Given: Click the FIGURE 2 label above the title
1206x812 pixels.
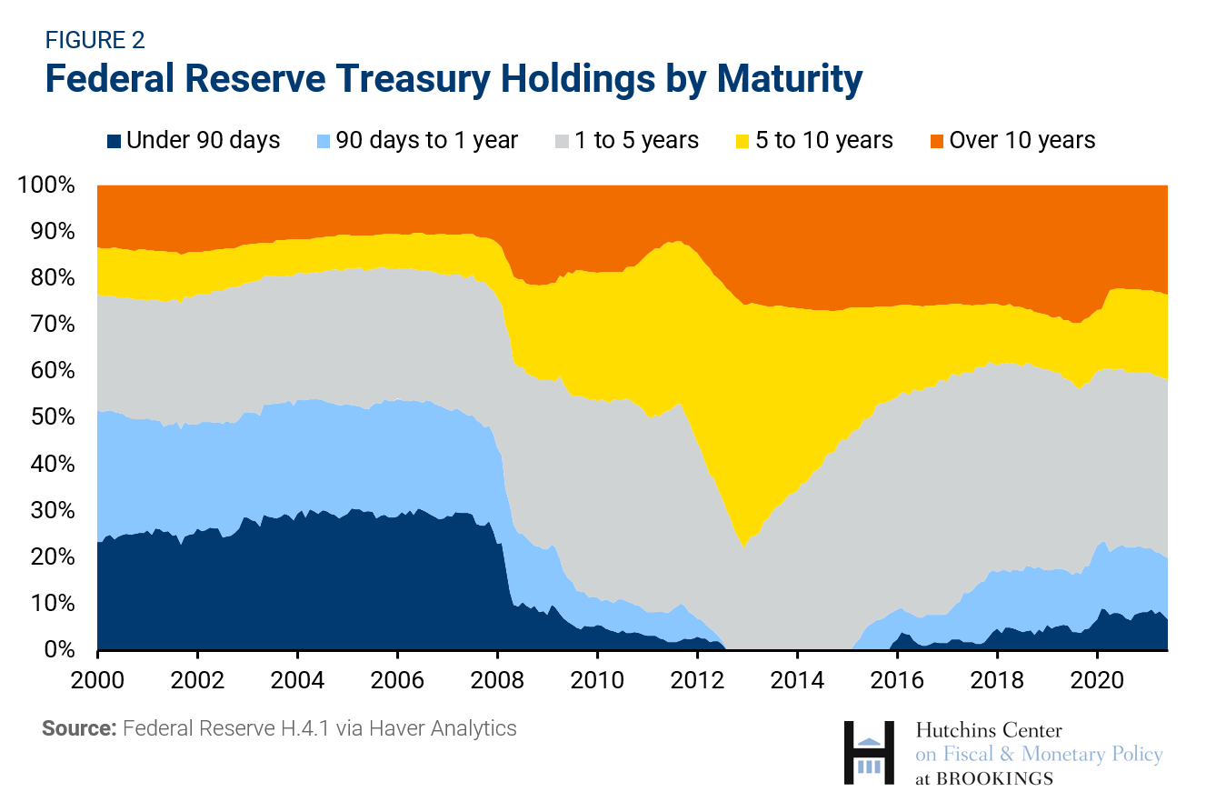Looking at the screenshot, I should point(95,40).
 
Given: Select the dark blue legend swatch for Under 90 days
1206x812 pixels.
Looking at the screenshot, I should point(114,141).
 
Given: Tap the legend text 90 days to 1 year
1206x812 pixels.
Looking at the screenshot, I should point(426,140).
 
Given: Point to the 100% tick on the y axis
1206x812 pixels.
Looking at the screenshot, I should point(45,185).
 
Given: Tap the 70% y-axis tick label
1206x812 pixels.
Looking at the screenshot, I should point(51,325).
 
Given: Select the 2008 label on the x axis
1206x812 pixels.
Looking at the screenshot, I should point(497,680).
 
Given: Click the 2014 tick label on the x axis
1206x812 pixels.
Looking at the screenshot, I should point(797,680).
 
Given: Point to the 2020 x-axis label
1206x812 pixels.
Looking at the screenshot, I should point(1097,680).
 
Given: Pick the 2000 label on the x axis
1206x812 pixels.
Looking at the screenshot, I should point(97,680).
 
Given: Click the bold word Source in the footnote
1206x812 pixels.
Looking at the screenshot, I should point(78,728).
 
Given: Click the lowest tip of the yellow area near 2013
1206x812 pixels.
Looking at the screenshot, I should point(743,546).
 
